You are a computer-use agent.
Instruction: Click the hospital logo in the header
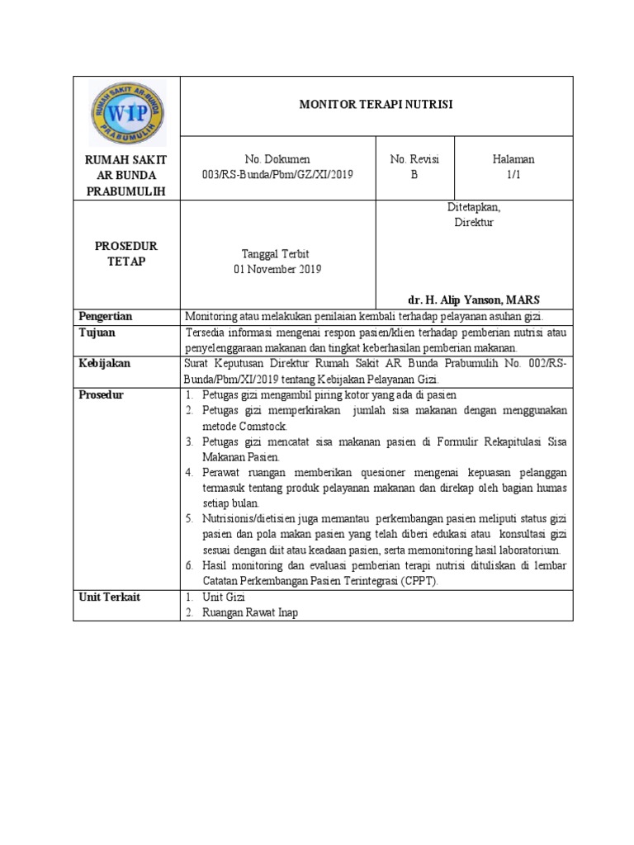pyautogui.click(x=127, y=113)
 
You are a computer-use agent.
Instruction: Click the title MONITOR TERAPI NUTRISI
pyautogui.click(x=376, y=105)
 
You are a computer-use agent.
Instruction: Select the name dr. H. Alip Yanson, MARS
pyautogui.click(x=474, y=299)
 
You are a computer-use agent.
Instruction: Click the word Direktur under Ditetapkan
pyautogui.click(x=473, y=223)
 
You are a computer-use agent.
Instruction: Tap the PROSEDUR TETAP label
pyautogui.click(x=126, y=253)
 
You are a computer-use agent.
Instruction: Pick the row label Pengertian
pyautogui.click(x=106, y=316)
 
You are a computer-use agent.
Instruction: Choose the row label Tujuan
pyautogui.click(x=97, y=333)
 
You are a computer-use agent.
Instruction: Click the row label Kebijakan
pyautogui.click(x=104, y=363)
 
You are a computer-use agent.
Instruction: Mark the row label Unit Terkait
pyautogui.click(x=109, y=597)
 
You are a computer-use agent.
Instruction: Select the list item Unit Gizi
pyautogui.click(x=225, y=597)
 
